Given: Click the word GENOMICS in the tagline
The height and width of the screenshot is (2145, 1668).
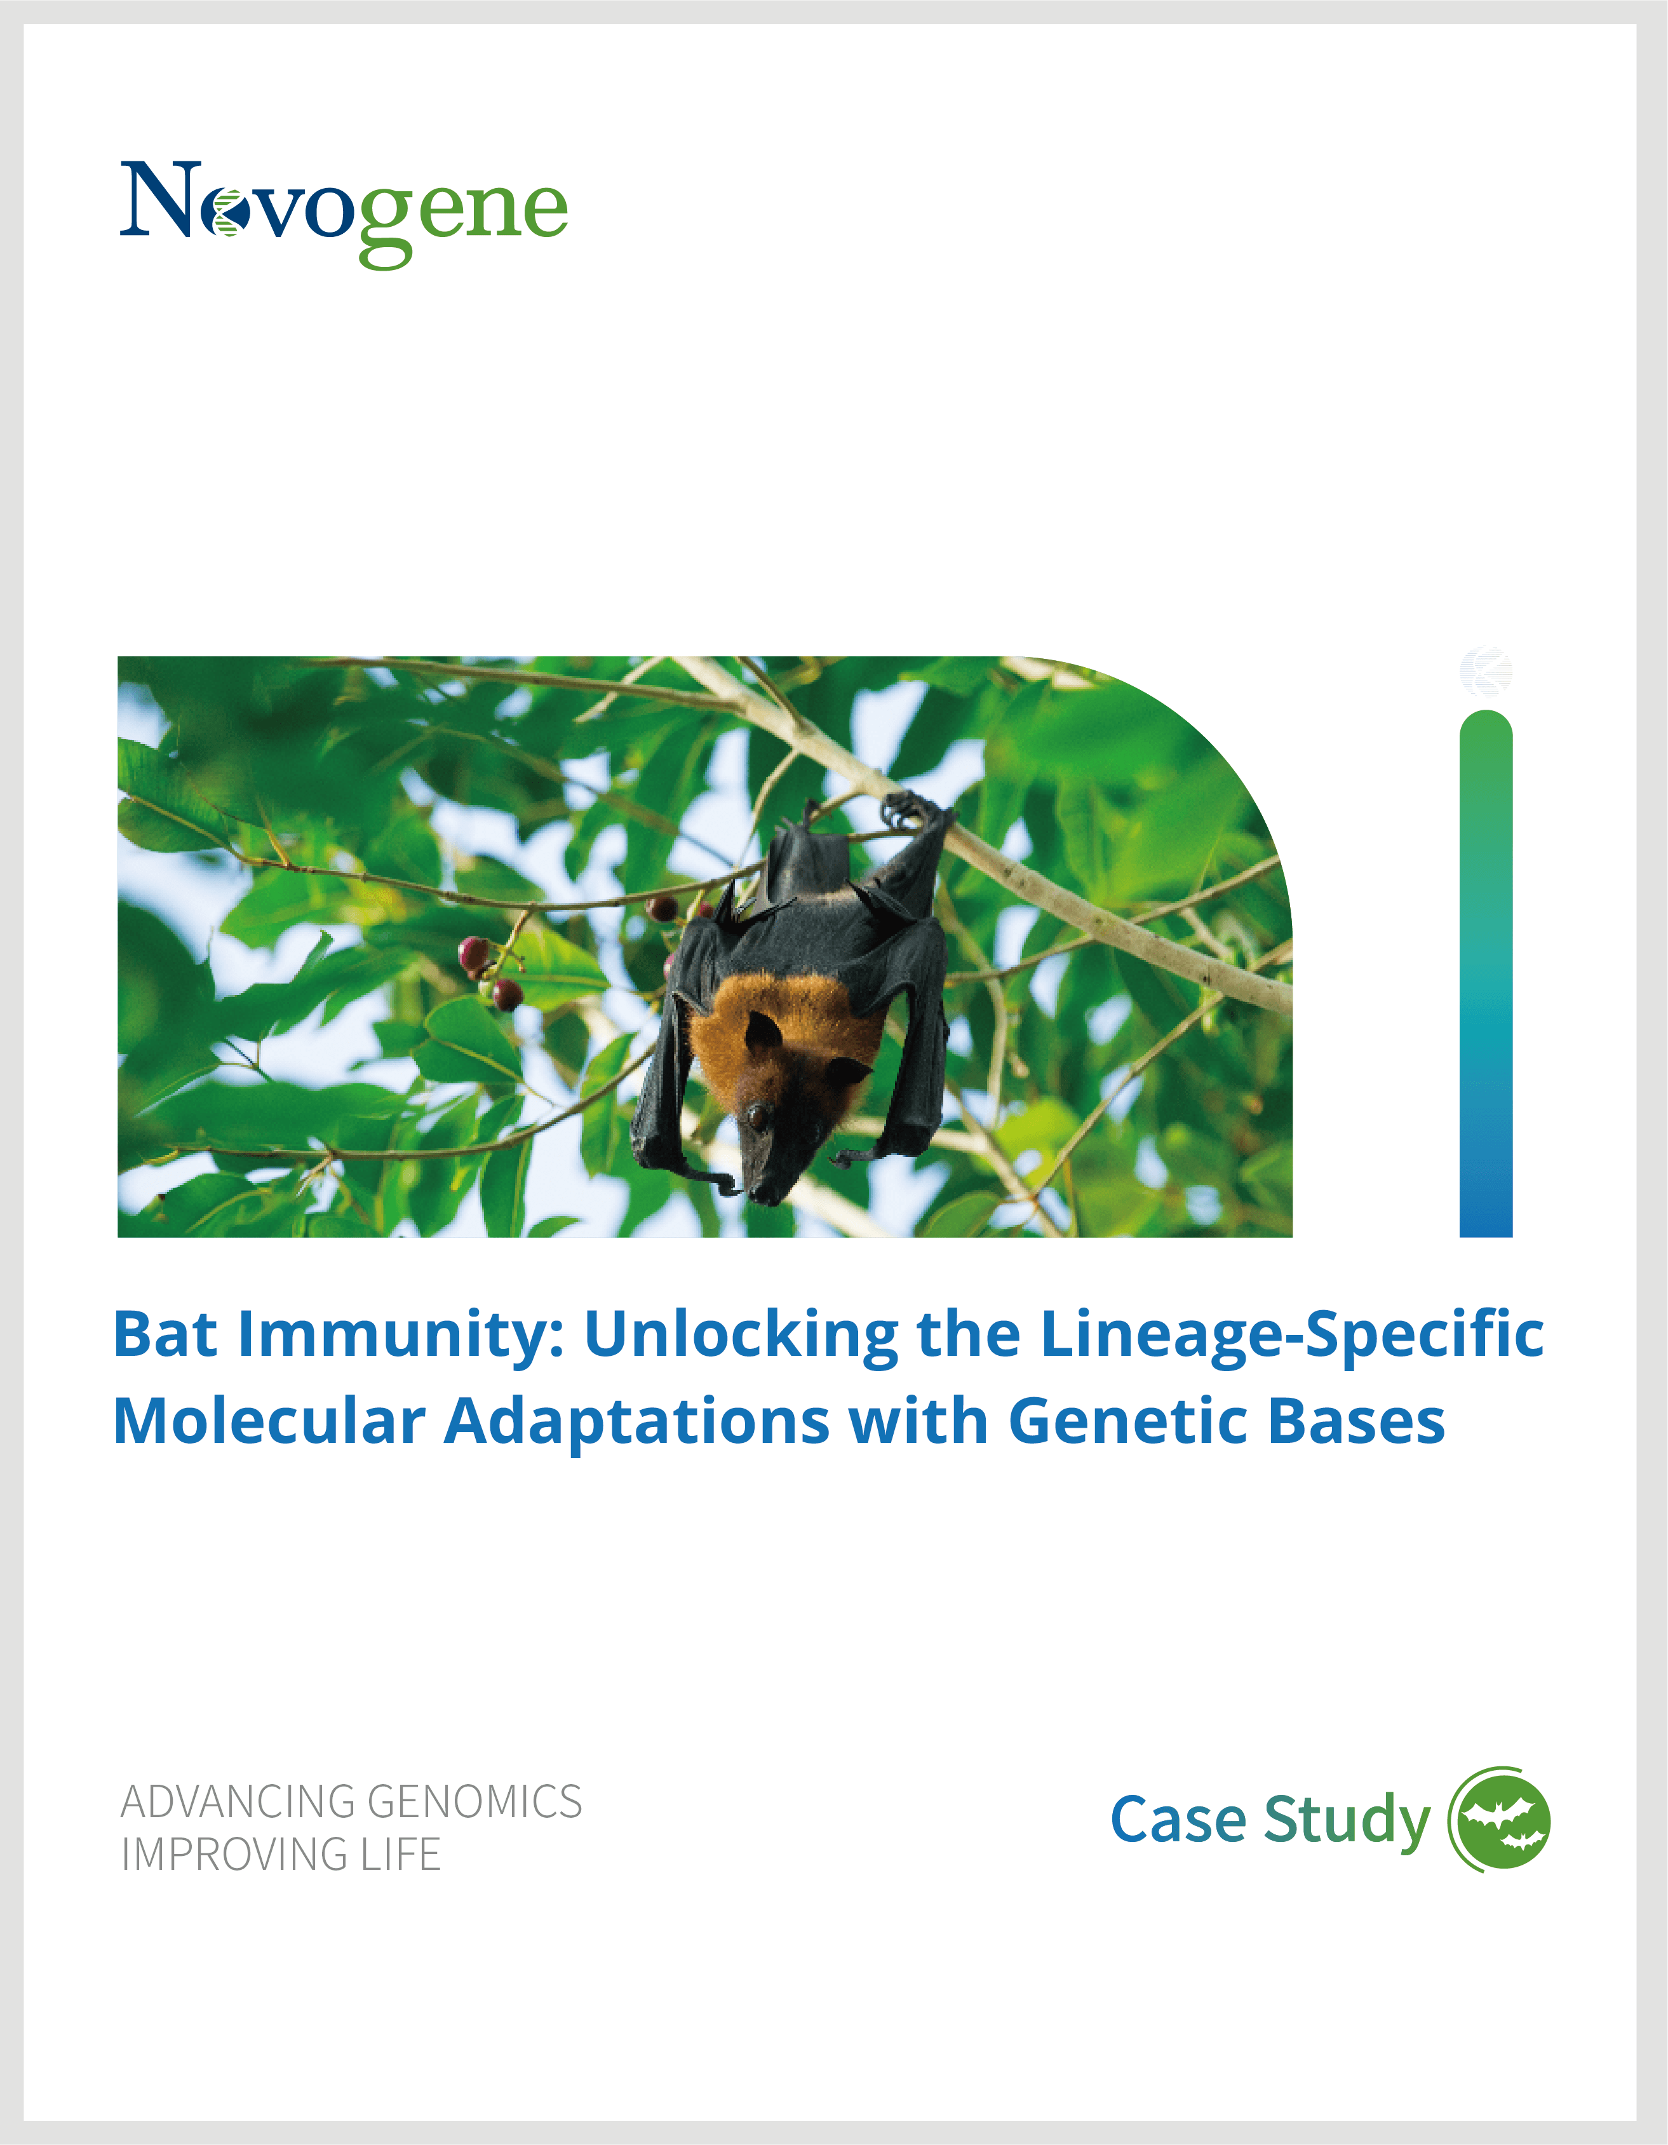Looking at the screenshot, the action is coord(474,1803).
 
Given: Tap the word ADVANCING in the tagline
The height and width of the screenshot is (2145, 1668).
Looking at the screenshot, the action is coord(238,1803).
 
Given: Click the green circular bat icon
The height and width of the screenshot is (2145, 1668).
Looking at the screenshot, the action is coord(1499,1820).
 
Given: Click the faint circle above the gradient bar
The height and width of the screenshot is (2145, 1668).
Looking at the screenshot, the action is coord(1486,672).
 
